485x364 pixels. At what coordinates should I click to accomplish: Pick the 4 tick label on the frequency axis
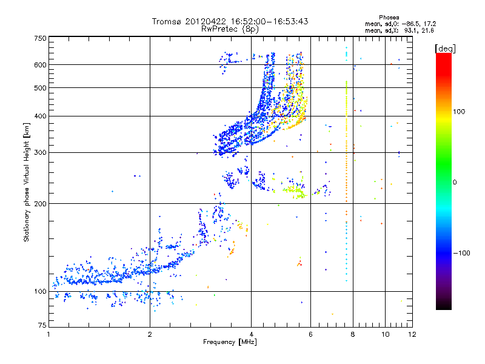251,334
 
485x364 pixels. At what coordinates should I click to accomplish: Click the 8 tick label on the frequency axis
353,334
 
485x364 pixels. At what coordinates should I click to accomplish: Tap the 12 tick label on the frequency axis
413,334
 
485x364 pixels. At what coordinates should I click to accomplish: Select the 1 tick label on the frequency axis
48,334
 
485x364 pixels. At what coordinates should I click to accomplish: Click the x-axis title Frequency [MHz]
230,342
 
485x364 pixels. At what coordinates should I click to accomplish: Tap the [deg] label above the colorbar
446,48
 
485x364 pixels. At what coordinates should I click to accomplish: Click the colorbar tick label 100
460,112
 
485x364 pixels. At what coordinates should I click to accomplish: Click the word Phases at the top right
389,17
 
